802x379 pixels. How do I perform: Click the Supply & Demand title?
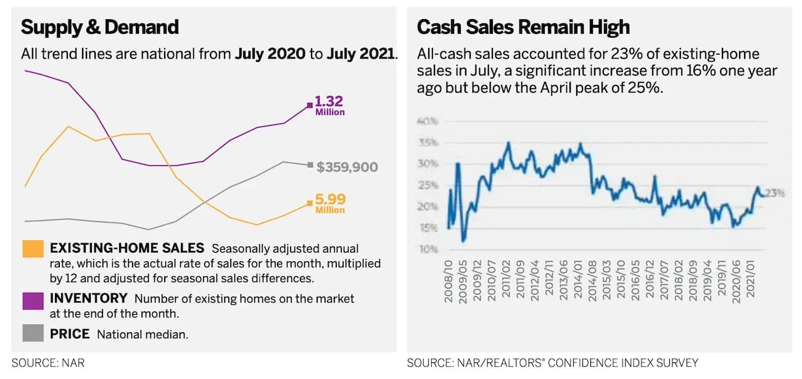pyautogui.click(x=100, y=27)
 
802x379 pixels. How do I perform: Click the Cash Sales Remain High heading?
pyautogui.click(x=523, y=27)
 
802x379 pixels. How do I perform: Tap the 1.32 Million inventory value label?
pyautogui.click(x=329, y=105)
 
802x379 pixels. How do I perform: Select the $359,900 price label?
pyautogui.click(x=347, y=167)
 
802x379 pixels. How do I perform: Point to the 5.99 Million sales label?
pyautogui.click(x=330, y=203)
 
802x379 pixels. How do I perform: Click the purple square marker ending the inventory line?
pyautogui.click(x=310, y=105)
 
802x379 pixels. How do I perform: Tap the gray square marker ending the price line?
pyautogui.click(x=310, y=165)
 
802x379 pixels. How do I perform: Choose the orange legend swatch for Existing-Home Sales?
pyautogui.click(x=33, y=248)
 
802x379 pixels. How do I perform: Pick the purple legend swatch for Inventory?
pyautogui.click(x=33, y=300)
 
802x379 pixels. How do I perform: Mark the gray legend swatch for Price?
pyautogui.click(x=33, y=333)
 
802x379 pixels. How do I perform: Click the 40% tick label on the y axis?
pyautogui.click(x=428, y=121)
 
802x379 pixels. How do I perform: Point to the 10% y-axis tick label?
pyautogui.click(x=428, y=249)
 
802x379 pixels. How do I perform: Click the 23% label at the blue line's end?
pyautogui.click(x=775, y=193)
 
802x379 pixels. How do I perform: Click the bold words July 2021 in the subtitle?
pyautogui.click(x=360, y=54)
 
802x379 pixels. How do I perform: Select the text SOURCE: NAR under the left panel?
pyautogui.click(x=48, y=363)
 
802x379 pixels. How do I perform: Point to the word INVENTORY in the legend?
pyautogui.click(x=88, y=298)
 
